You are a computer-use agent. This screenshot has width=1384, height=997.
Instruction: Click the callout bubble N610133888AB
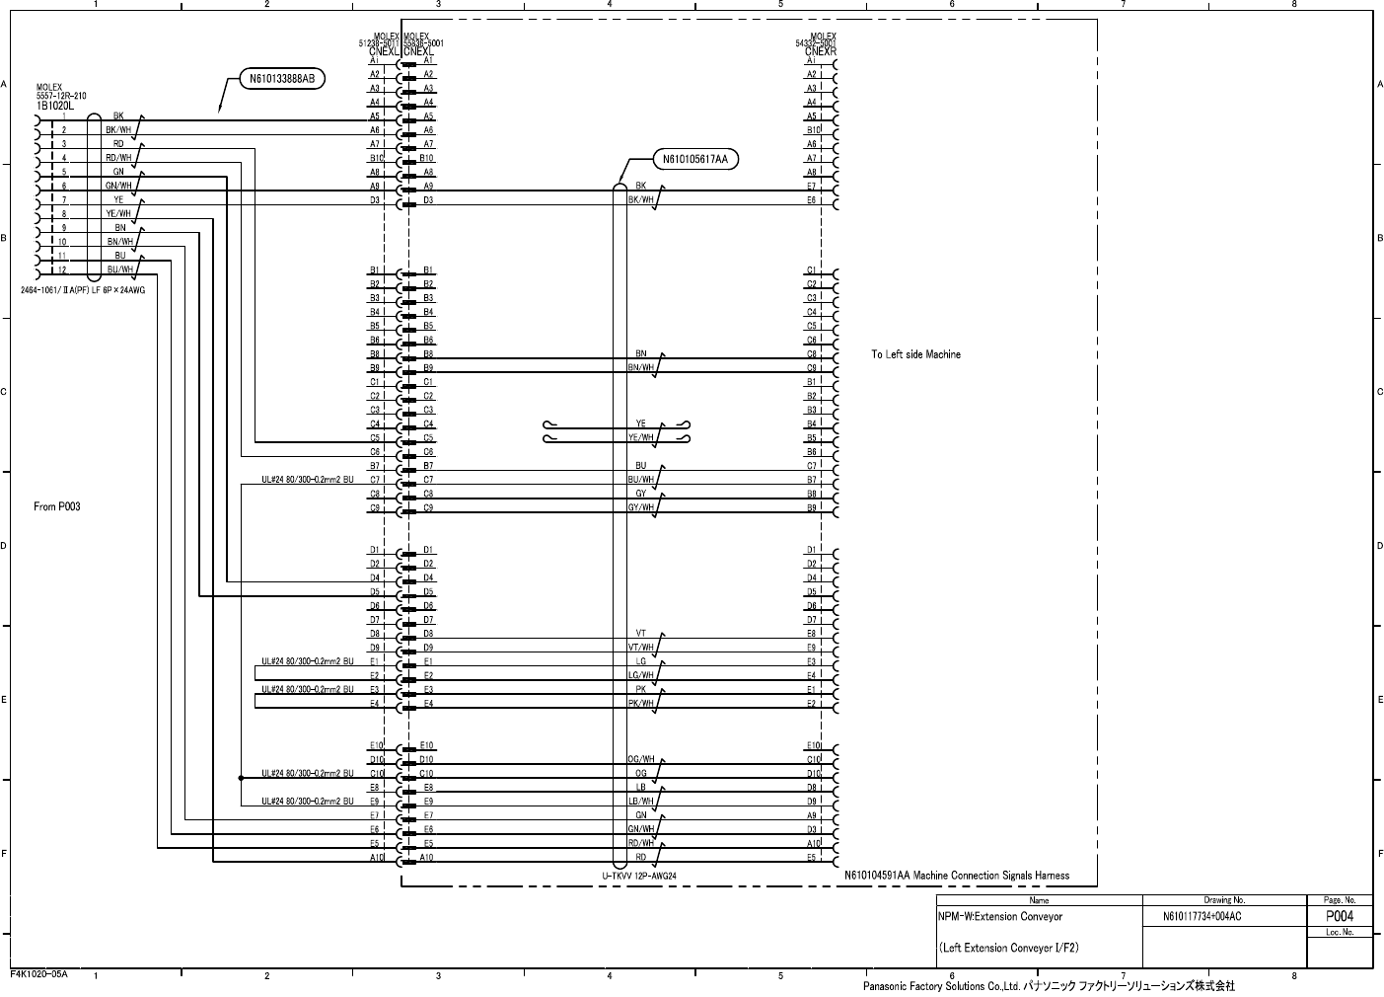[281, 79]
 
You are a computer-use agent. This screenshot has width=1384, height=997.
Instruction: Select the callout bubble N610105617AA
[695, 158]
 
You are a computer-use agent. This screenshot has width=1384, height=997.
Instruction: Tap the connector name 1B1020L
[55, 105]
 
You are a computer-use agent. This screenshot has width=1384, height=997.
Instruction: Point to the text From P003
[57, 506]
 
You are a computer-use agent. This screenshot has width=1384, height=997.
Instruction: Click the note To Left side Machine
[915, 354]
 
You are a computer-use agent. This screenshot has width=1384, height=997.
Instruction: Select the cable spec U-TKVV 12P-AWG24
[639, 876]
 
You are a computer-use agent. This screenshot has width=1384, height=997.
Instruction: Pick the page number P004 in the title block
[1339, 916]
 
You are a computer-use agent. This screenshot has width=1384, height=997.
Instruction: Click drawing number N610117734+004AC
[1202, 917]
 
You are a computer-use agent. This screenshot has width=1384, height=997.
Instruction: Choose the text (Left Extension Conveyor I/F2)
[1009, 949]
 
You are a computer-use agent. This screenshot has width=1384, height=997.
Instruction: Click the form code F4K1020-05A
[38, 974]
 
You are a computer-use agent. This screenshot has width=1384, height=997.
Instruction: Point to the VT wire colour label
[641, 634]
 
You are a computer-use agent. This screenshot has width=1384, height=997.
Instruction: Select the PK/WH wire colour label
[641, 704]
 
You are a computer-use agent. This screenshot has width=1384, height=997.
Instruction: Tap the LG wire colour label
[641, 661]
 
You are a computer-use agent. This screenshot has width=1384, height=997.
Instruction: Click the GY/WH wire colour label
[641, 507]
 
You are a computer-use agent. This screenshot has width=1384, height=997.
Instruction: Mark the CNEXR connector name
[821, 51]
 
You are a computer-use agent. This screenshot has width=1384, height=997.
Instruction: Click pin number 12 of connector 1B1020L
[61, 269]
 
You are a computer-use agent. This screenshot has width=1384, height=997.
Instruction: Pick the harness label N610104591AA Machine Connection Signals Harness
[957, 876]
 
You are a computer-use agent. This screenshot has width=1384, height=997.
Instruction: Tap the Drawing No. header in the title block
[1224, 900]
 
